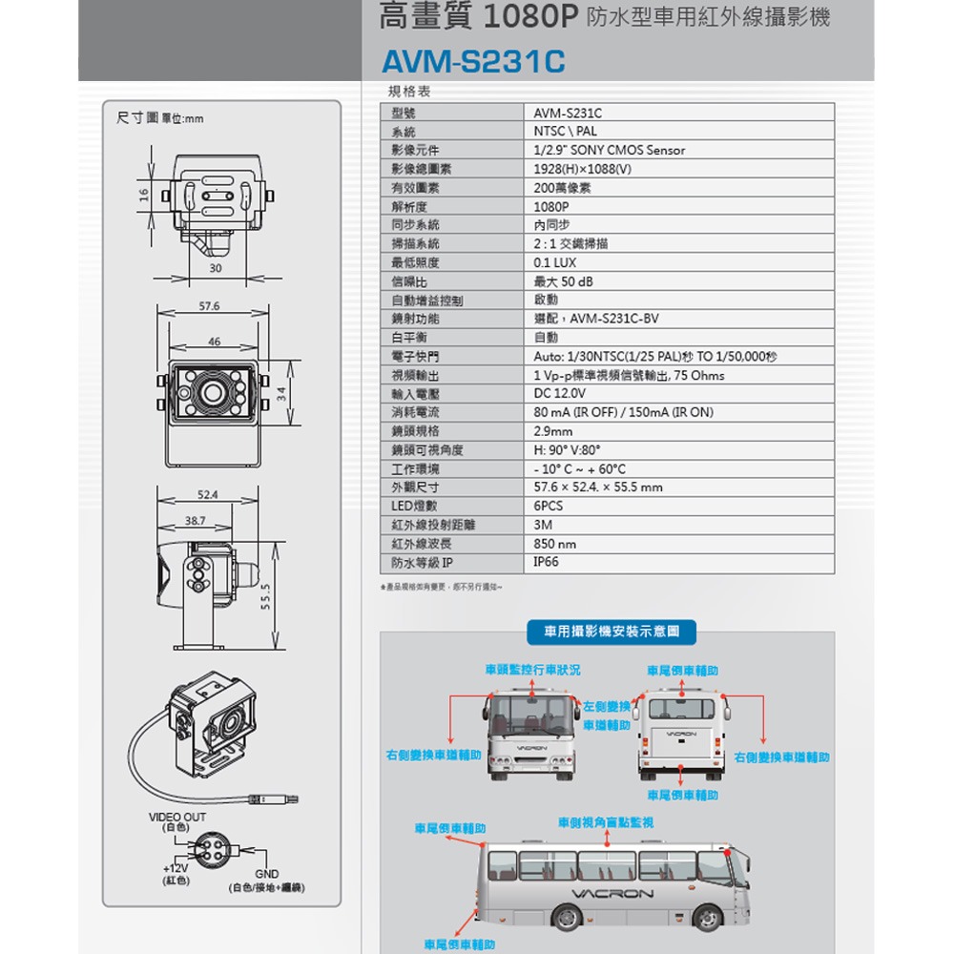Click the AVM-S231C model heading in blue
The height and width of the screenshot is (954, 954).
click(473, 63)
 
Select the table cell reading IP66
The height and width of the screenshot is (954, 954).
click(547, 563)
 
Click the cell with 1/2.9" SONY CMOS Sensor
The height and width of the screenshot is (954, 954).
click(609, 150)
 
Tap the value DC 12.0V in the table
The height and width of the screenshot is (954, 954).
click(560, 394)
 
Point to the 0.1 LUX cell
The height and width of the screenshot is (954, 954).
click(555, 262)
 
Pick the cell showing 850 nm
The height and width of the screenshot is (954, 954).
click(555, 544)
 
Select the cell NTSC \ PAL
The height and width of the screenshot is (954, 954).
click(565, 132)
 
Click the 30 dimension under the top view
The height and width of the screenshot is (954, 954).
click(216, 269)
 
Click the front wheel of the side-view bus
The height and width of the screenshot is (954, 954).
click(707, 917)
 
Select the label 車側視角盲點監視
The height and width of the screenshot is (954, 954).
click(606, 822)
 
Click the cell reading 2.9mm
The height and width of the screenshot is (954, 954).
click(553, 431)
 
